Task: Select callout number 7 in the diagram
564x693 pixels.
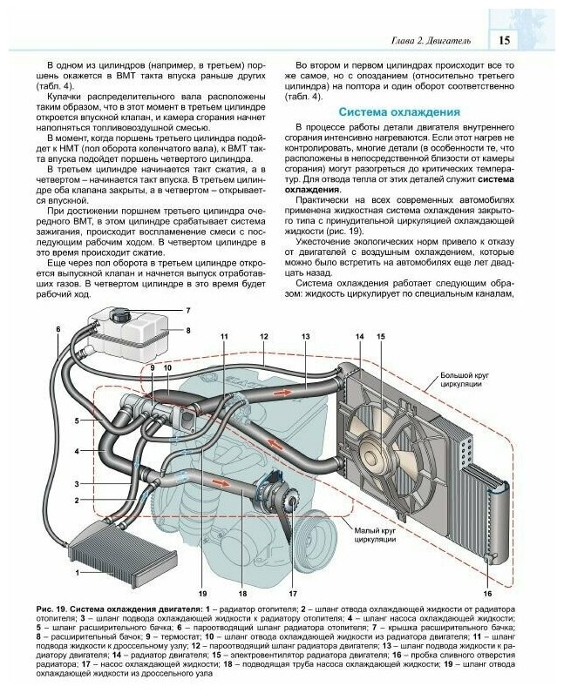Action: pyautogui.click(x=187, y=311)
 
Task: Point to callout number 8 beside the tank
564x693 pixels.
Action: pyautogui.click(x=187, y=331)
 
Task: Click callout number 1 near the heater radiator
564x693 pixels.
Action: pyautogui.click(x=78, y=572)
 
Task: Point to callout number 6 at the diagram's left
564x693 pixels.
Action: pyautogui.click(x=58, y=329)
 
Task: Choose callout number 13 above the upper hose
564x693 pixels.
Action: pyautogui.click(x=305, y=336)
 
